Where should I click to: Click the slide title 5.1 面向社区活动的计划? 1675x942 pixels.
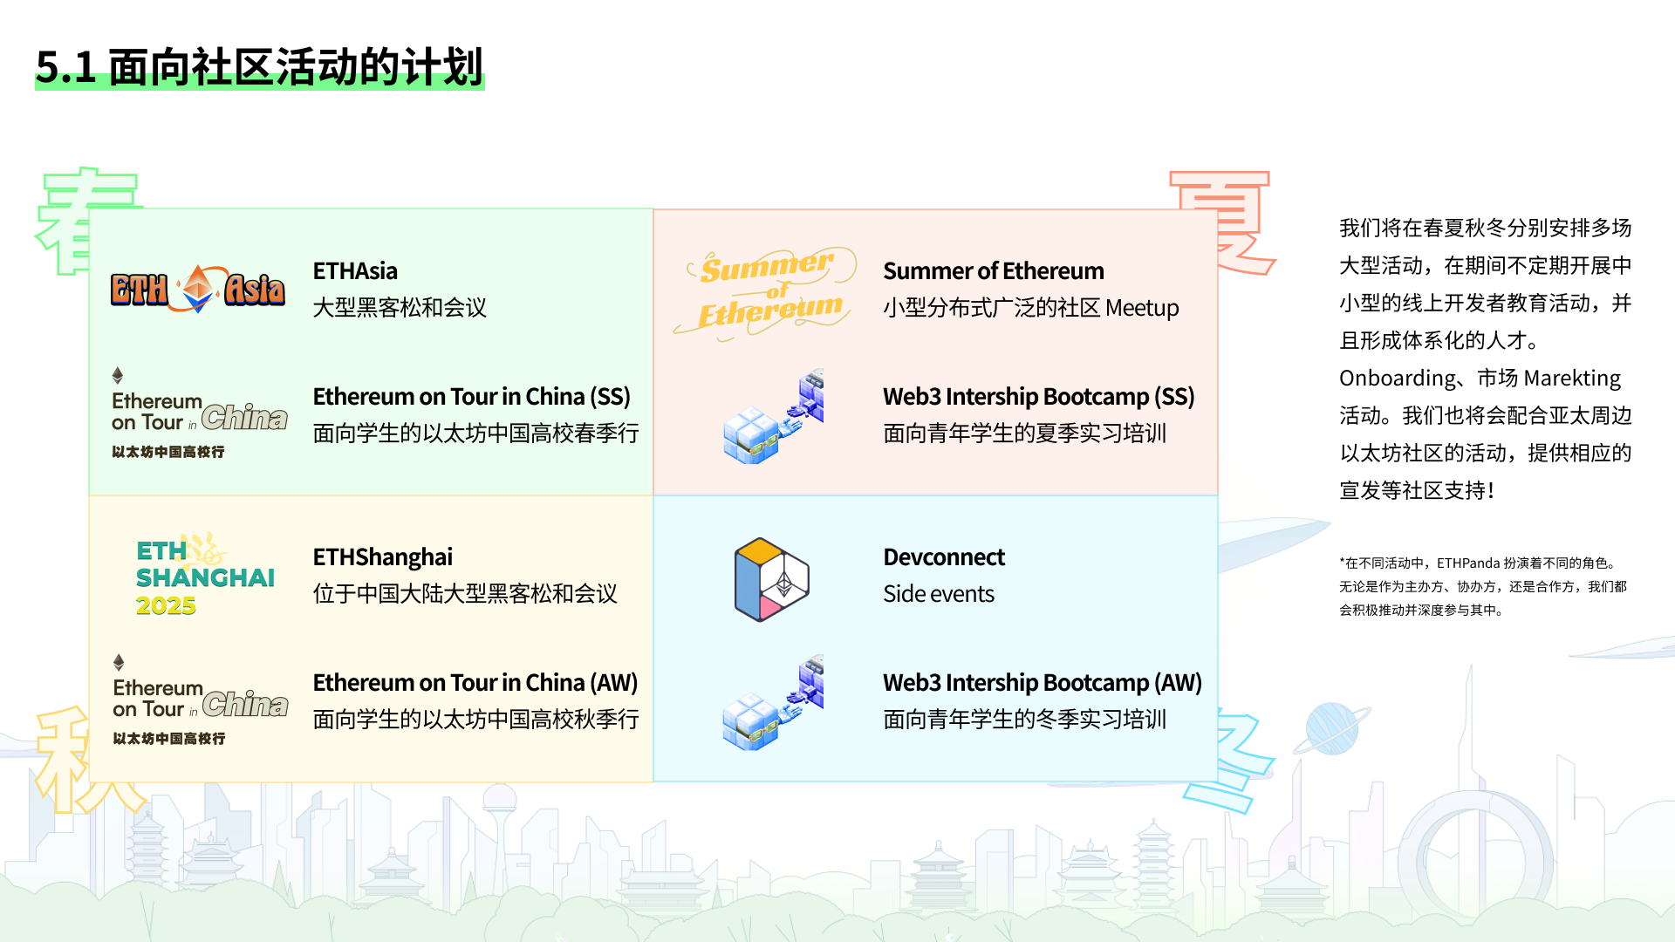pyautogui.click(x=259, y=67)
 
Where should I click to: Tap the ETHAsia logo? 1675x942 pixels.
pyautogui.click(x=198, y=289)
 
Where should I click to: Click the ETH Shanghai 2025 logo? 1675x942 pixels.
pyautogui.click(x=205, y=577)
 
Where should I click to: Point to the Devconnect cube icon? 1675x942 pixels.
pyautogui.click(x=772, y=579)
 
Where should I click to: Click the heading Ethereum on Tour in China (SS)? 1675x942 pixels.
pyautogui.click(x=471, y=397)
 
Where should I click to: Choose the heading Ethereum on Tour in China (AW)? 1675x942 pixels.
pyautogui.click(x=475, y=683)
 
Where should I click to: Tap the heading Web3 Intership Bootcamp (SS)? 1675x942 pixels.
pyautogui.click(x=1038, y=397)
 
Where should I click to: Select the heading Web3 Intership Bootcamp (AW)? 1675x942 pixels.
pyautogui.click(x=1043, y=683)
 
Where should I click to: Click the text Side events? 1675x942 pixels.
pyautogui.click(x=939, y=594)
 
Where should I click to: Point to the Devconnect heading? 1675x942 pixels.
pyautogui.click(x=944, y=557)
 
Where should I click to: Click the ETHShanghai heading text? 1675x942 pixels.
pyautogui.click(x=383, y=557)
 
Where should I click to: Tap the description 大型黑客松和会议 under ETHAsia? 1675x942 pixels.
pyautogui.click(x=400, y=308)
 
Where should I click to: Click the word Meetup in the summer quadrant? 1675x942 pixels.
pyautogui.click(x=1142, y=308)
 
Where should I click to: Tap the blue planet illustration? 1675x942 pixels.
pyautogui.click(x=1332, y=728)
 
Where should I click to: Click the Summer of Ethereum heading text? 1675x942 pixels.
pyautogui.click(x=994, y=271)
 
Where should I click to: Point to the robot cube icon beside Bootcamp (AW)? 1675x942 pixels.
pyautogui.click(x=773, y=702)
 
